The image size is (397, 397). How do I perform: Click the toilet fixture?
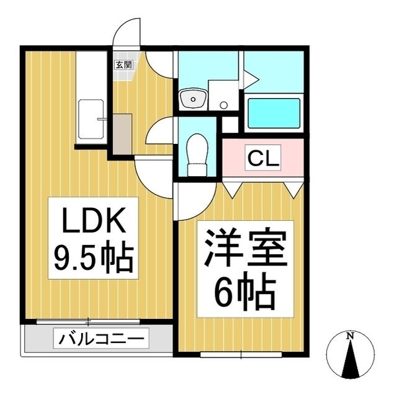coord(198,153)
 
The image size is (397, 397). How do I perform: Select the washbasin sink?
coord(193,97)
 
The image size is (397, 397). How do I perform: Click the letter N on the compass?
coord(350,336)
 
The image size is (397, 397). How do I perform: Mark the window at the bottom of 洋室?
coord(239,354)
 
